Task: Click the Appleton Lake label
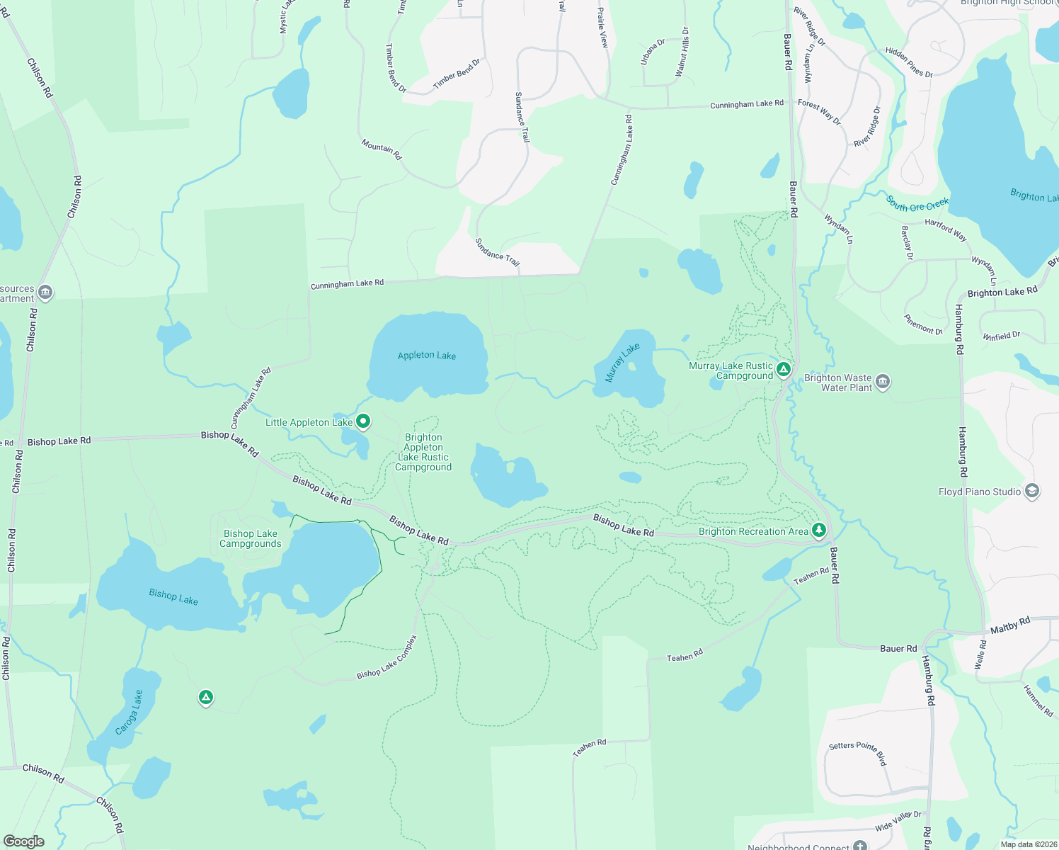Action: pos(427,356)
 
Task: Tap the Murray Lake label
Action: pos(622,362)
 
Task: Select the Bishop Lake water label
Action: pos(173,596)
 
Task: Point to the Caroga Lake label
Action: pos(129,712)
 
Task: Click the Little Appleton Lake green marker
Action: pos(363,422)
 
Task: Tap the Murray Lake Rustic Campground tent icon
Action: pos(783,369)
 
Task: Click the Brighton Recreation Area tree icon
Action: pos(819,530)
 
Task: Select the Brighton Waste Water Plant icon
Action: pos(883,382)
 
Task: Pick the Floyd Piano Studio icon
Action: pos(1032,491)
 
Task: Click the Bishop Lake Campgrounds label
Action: pos(251,539)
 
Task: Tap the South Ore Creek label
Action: pos(917,204)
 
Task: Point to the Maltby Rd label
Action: pos(1010,625)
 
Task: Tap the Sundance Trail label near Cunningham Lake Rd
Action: pos(497,253)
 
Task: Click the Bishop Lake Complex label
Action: pos(387,657)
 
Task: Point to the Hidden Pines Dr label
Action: pos(909,62)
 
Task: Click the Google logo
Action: pos(24,841)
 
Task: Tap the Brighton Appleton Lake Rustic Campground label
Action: pos(423,453)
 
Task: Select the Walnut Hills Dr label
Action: pos(682,52)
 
